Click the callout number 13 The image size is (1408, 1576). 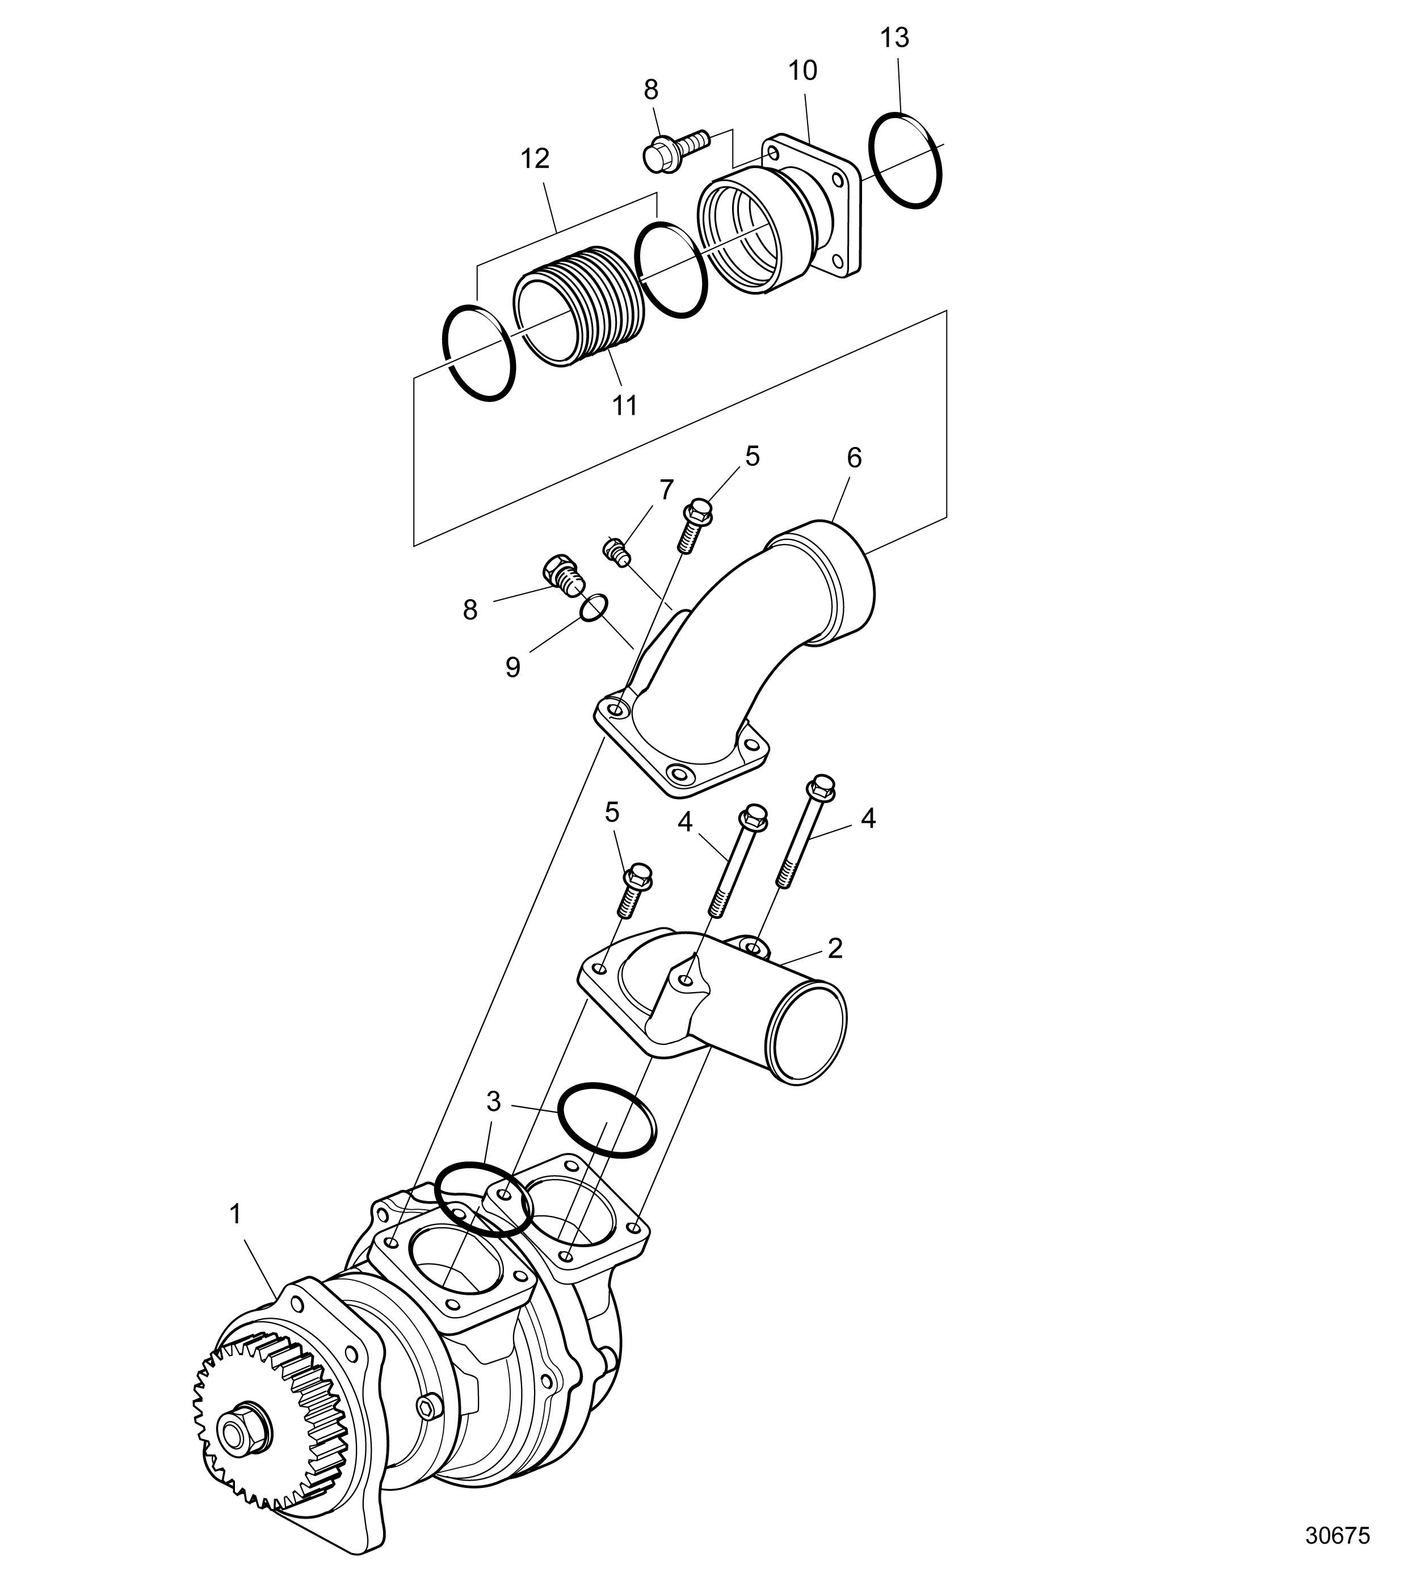pos(895,38)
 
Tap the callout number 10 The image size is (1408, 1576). pos(802,70)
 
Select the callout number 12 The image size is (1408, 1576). pos(535,158)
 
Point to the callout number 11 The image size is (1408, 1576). pos(624,405)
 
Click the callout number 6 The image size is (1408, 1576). pos(854,458)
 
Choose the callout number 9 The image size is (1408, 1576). pos(513,667)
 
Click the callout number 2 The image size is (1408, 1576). pos(835,948)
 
